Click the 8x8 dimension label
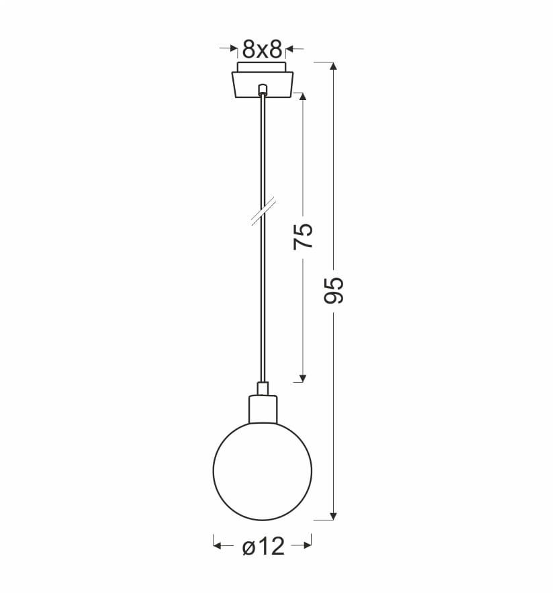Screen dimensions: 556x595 coord(263,49)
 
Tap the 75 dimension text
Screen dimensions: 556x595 coord(304,236)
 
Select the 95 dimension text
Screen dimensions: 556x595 coord(334,290)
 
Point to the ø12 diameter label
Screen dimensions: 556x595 coord(263,547)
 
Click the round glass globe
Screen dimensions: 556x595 coord(263,471)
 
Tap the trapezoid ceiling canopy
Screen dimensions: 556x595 coord(263,85)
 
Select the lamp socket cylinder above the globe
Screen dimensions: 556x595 coord(263,409)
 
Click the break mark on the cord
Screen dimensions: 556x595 coord(263,212)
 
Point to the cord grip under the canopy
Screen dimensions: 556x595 coord(263,89)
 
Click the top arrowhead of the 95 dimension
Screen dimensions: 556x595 coord(333,66)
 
